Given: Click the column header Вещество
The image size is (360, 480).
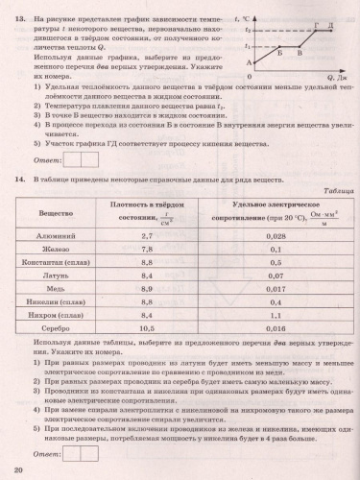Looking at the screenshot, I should point(56,211).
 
